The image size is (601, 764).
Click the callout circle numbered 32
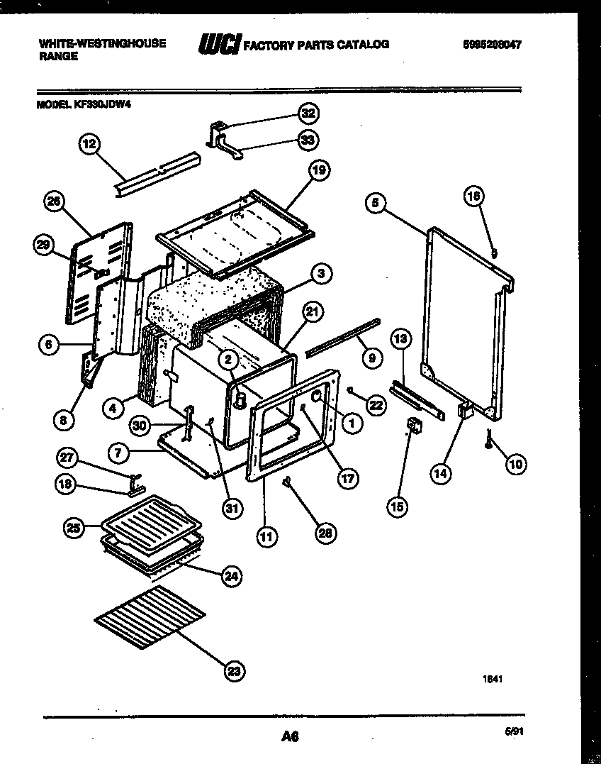click(307, 114)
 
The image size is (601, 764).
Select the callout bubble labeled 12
click(88, 145)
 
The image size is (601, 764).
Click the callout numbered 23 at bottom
click(235, 670)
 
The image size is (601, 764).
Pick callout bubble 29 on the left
click(44, 245)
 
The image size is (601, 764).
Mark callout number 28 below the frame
click(326, 533)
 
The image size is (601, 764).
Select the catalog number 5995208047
click(491, 44)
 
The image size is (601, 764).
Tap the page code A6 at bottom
click(288, 737)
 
